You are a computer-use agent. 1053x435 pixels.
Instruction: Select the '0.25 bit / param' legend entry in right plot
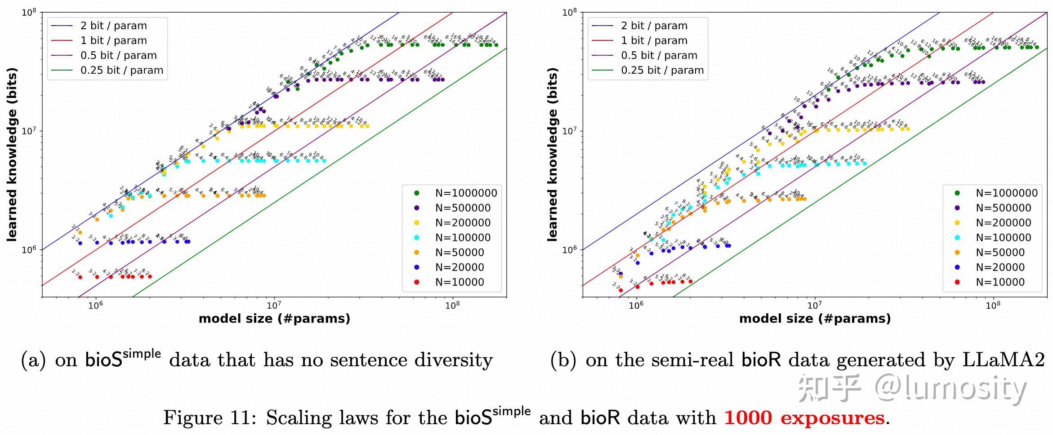pyautogui.click(x=662, y=70)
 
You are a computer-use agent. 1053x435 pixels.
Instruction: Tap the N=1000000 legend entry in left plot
pyautogui.click(x=466, y=193)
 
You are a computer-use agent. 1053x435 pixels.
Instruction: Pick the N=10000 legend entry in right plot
pyautogui.click(x=1000, y=282)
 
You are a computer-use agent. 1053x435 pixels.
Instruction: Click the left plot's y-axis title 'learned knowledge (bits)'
pyautogui.click(x=12, y=155)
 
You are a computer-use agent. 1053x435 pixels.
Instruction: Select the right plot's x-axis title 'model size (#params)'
pyautogui.click(x=815, y=319)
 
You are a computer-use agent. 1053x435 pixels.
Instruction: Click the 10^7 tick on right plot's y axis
pyautogui.click(x=569, y=131)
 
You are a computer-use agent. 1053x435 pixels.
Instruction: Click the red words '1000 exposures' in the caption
pyautogui.click(x=804, y=418)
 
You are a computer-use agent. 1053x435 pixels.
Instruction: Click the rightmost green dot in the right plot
pyautogui.click(x=1036, y=47)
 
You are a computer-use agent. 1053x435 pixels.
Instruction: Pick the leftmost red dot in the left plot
pyautogui.click(x=80, y=277)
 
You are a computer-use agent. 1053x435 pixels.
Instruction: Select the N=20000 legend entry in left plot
pyautogui.click(x=460, y=267)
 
